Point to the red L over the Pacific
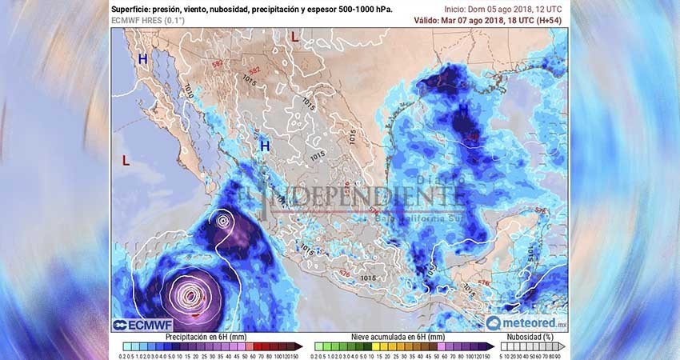126,161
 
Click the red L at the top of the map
294,37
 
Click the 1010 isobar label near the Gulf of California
189,91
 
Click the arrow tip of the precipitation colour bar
302,347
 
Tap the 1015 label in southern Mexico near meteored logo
368,278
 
